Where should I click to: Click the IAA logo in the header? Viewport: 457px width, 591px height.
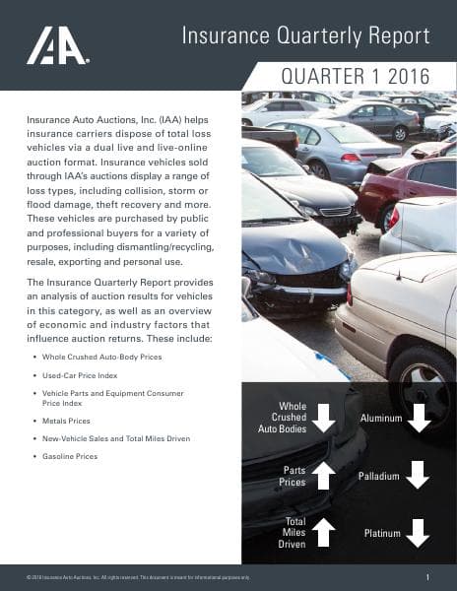57,46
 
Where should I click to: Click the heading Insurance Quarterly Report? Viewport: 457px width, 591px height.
305,36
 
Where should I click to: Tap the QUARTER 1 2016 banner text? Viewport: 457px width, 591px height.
357,77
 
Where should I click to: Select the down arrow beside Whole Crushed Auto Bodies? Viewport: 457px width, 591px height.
324,418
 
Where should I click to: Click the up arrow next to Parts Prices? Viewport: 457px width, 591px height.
324,476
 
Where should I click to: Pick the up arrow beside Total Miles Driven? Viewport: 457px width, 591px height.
324,532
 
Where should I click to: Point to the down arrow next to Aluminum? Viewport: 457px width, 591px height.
419,418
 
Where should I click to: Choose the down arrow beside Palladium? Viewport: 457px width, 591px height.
419,476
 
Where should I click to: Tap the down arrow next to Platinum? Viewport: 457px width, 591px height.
419,533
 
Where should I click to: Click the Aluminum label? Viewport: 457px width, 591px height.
381,419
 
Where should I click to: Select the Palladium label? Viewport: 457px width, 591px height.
379,477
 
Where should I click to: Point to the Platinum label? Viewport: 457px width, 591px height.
382,534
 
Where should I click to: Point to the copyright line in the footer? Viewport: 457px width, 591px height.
138,576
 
